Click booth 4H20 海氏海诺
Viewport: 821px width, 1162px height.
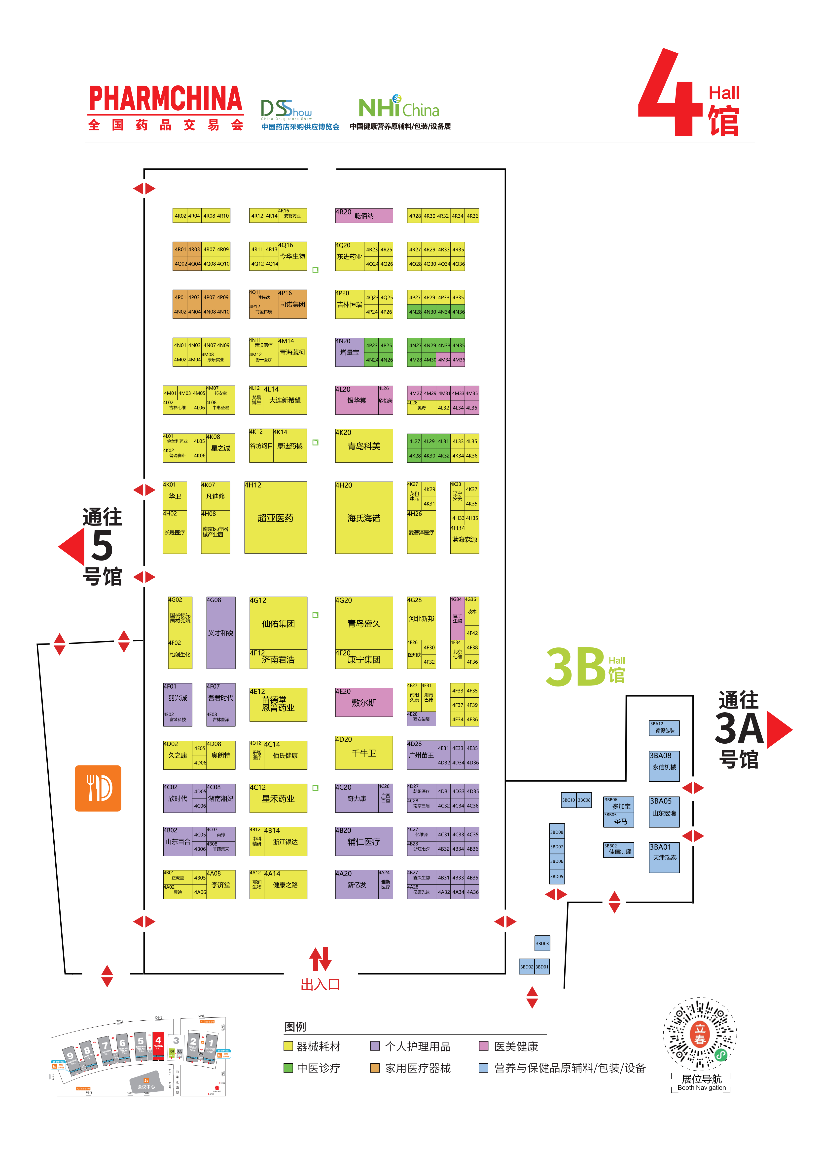click(x=364, y=517)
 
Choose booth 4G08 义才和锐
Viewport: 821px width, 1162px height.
click(x=220, y=633)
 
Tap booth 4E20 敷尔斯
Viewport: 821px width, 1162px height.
click(x=364, y=702)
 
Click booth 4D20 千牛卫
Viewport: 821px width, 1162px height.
click(x=364, y=753)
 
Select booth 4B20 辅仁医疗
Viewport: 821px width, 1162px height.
click(x=364, y=841)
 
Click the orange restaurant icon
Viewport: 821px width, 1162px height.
click(x=98, y=788)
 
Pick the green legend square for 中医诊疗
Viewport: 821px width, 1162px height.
click(x=288, y=1068)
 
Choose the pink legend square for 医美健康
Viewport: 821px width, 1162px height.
click(x=484, y=1046)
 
